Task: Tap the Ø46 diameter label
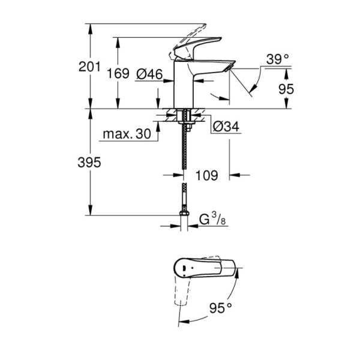click(x=150, y=74)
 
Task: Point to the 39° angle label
click(x=278, y=59)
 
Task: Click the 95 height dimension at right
click(x=286, y=89)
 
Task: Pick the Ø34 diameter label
click(x=226, y=127)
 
